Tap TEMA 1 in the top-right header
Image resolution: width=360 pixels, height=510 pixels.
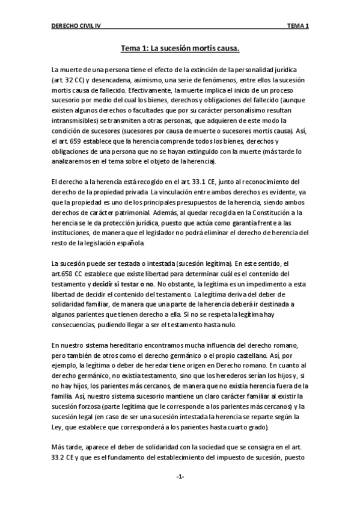(298, 26)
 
